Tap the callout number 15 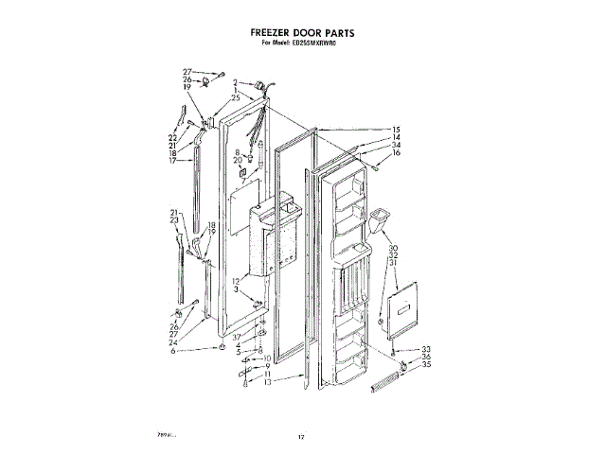point(397,130)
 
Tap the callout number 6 point(173,351)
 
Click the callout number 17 point(173,161)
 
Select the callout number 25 point(236,99)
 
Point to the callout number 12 point(236,282)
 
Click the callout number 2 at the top point(236,83)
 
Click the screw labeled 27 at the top point(219,72)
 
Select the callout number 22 point(173,138)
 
